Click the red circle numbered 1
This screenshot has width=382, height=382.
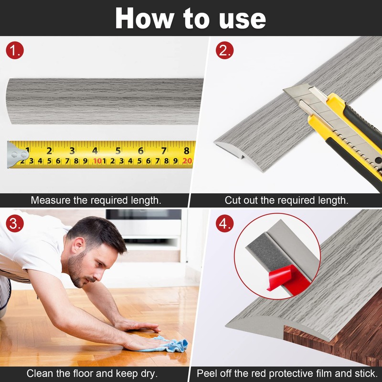[x=15, y=51]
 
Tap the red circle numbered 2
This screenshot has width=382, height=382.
[x=224, y=51]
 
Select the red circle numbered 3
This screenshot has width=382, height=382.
[x=15, y=223]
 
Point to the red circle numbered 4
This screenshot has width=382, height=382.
[x=224, y=223]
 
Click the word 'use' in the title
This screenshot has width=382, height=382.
[x=242, y=19]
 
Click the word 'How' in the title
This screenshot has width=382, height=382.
[x=145, y=18]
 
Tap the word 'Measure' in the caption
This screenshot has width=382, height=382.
[x=51, y=200]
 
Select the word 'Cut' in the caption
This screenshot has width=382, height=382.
[x=233, y=200]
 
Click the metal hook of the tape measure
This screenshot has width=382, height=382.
[x=17, y=155]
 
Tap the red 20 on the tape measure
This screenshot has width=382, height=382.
[x=187, y=161]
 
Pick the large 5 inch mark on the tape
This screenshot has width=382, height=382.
[x=118, y=151]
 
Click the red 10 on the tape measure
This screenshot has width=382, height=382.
[x=97, y=161]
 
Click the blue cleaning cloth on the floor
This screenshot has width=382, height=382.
[x=168, y=344]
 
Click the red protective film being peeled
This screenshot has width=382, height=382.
[x=287, y=278]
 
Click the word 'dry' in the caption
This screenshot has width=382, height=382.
[x=148, y=374]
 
